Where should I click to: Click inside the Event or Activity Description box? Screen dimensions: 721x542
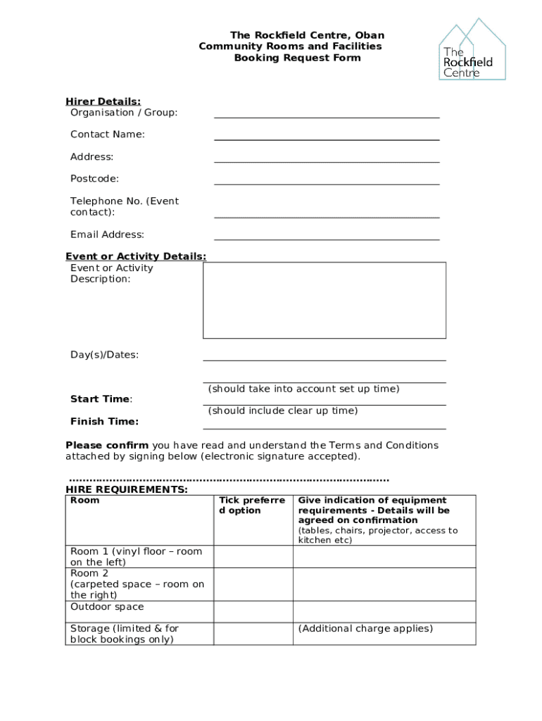(324, 301)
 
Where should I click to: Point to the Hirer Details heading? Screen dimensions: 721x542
(103, 101)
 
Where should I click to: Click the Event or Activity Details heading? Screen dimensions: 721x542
(136, 256)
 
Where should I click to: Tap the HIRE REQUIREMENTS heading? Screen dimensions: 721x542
(127, 489)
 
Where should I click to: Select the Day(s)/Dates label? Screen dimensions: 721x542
(104, 355)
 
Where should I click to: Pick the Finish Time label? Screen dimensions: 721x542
(104, 422)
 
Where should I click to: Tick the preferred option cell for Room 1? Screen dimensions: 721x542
(253, 557)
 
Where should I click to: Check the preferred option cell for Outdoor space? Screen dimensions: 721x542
(253, 611)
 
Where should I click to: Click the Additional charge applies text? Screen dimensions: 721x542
(365, 629)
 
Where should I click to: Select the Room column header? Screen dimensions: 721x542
(85, 501)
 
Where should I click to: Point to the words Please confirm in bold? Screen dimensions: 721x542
(107, 445)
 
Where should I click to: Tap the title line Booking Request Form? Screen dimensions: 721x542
(297, 58)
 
